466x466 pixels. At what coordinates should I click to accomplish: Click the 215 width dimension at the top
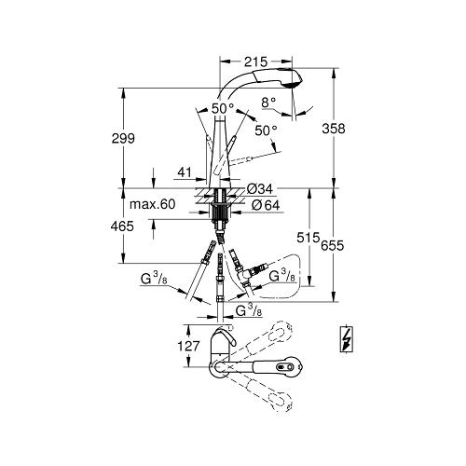click(255, 62)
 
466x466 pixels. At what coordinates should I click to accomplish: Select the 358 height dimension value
click(334, 129)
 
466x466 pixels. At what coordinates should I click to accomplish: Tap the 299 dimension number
click(123, 138)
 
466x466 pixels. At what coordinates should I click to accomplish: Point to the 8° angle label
click(268, 102)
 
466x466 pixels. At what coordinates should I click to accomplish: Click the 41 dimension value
click(185, 171)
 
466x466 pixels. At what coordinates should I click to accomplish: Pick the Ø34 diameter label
click(260, 188)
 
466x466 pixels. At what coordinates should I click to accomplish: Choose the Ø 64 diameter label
click(266, 205)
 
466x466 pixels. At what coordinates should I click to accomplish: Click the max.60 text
click(152, 204)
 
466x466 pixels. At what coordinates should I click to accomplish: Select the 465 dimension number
click(122, 226)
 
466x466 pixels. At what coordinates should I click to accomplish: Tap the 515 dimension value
click(308, 238)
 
